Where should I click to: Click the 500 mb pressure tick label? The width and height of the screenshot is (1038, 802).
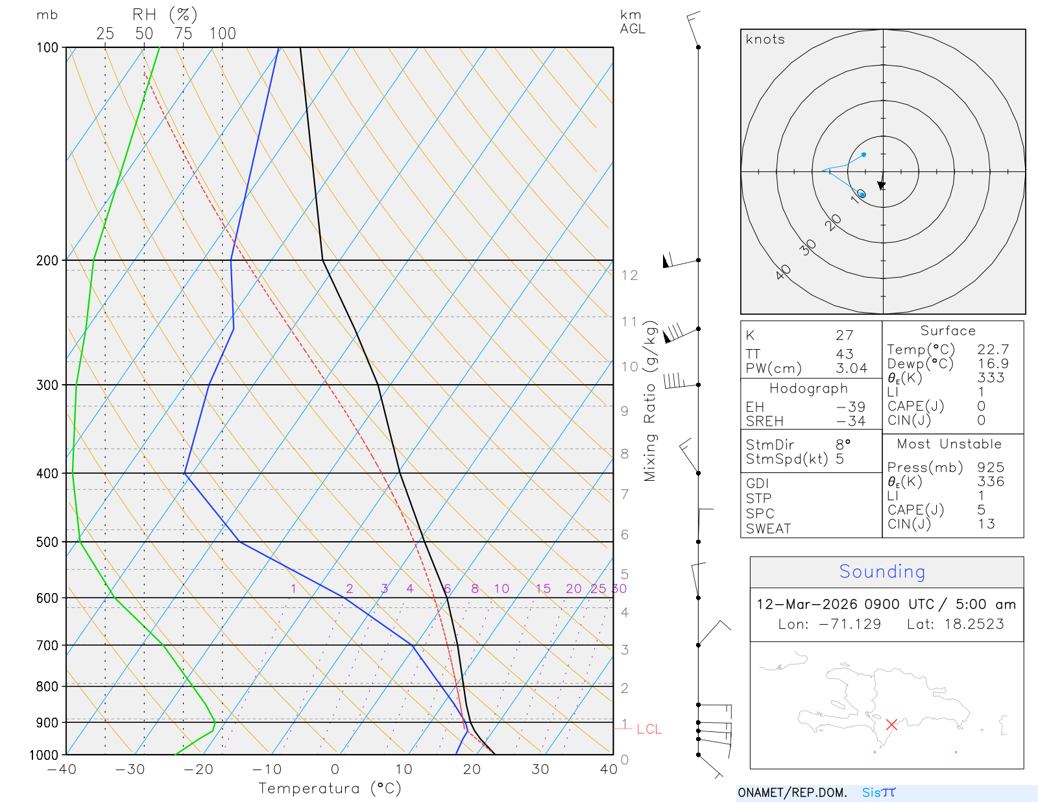(47, 542)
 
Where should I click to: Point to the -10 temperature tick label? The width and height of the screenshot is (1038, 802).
(267, 770)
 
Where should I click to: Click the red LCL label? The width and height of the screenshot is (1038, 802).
(649, 729)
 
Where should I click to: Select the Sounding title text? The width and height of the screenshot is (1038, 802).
(882, 572)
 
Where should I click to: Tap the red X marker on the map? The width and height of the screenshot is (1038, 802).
(891, 724)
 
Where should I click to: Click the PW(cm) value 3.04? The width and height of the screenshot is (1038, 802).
(851, 369)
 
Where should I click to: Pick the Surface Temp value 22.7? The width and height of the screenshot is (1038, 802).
(993, 350)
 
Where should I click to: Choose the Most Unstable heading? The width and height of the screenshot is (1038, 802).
(949, 444)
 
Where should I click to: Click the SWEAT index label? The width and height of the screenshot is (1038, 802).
(768, 529)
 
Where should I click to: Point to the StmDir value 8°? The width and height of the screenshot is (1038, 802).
(843, 445)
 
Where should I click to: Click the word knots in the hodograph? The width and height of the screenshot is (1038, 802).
(766, 40)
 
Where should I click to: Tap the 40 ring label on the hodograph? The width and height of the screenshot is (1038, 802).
(784, 272)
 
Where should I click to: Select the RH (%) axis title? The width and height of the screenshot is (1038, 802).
(165, 15)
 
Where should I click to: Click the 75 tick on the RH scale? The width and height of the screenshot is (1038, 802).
(183, 34)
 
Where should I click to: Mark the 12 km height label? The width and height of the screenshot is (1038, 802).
(629, 275)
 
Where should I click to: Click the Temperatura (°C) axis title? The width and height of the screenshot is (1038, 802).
(330, 788)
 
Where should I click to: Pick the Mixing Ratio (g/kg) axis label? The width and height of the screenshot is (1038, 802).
(650, 401)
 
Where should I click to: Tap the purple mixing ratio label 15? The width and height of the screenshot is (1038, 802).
(543, 589)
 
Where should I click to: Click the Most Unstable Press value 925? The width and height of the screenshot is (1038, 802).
(991, 468)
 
